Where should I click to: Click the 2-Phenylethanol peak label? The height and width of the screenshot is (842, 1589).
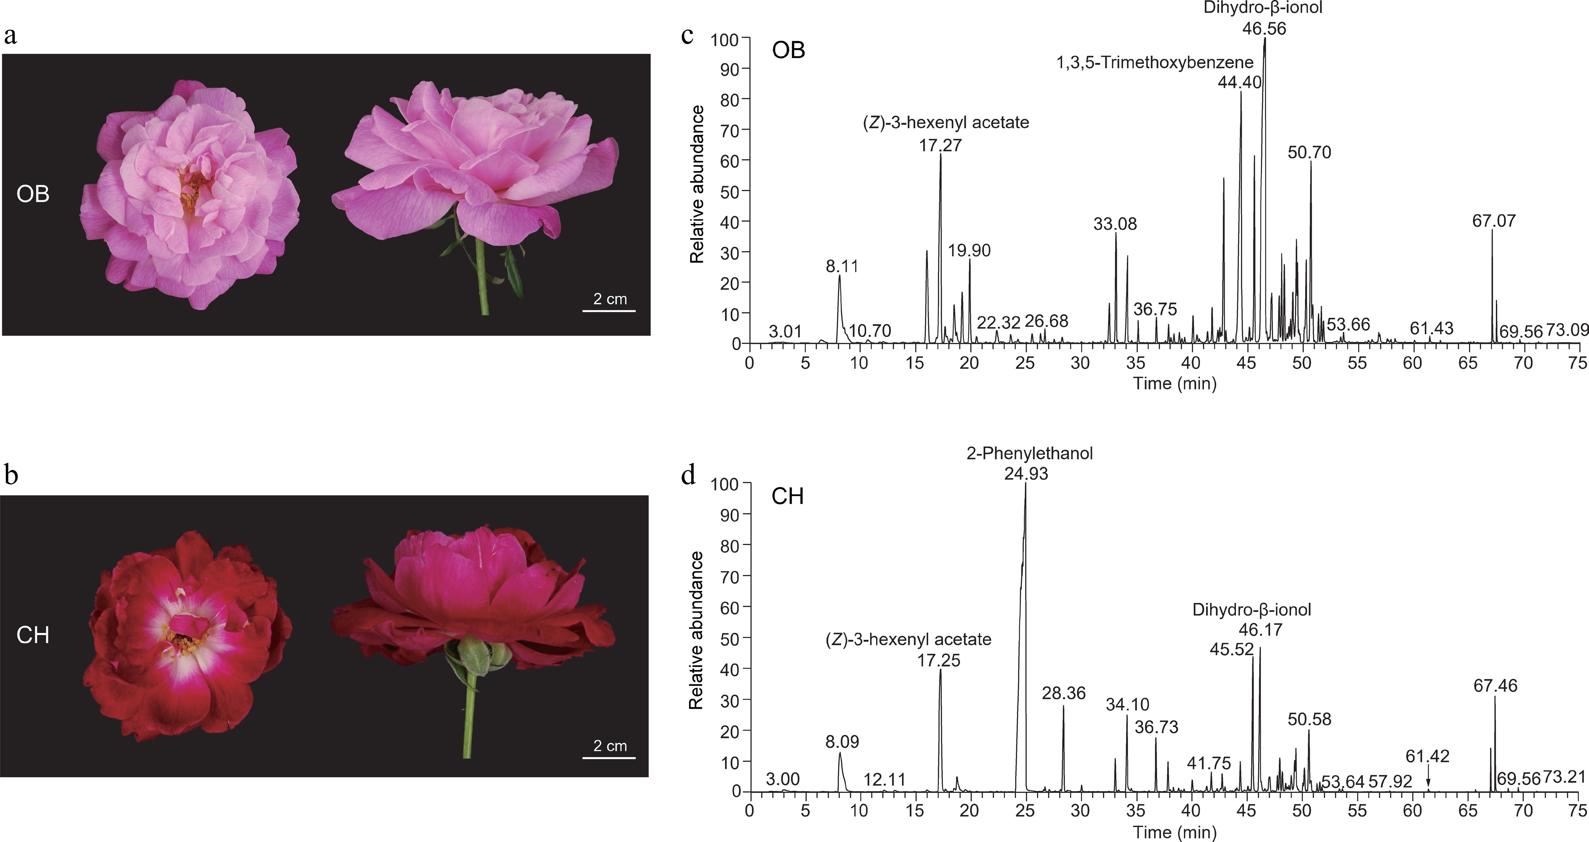pos(1029,454)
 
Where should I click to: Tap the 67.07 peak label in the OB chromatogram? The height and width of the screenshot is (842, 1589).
pos(1493,221)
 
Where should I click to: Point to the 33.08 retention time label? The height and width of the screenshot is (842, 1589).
pos(1114,224)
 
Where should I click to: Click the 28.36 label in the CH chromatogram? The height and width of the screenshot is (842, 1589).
pos(1064,693)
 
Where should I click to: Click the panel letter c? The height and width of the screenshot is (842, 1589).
pos(687,35)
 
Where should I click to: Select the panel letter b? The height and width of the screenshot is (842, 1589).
pos(11,475)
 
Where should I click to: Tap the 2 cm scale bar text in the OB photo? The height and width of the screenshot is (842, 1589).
pos(609,299)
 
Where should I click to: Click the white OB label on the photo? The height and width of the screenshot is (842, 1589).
pos(33,194)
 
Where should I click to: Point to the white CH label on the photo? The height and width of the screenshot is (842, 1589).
pos(33,635)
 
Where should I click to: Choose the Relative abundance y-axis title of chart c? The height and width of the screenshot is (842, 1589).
pos(697,185)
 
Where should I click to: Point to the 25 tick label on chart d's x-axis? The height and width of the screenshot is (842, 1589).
pos(1025,810)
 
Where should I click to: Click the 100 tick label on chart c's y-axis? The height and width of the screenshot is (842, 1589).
pos(724,40)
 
